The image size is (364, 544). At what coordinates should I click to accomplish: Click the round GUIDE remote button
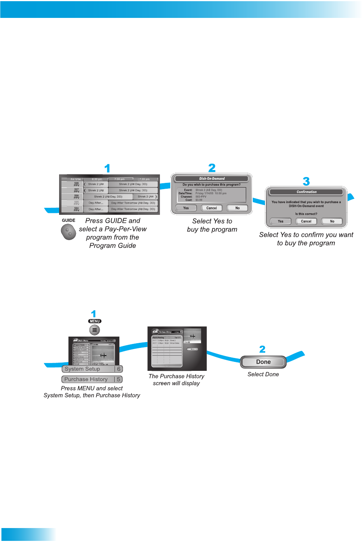(x=68, y=232)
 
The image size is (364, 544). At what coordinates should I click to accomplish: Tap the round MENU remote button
(x=94, y=330)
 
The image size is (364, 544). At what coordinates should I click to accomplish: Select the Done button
(x=263, y=362)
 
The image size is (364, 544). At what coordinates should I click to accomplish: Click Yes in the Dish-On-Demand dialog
(x=186, y=208)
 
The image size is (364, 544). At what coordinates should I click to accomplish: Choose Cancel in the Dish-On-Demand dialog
(x=212, y=208)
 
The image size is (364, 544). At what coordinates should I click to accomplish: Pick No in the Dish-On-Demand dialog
(x=237, y=208)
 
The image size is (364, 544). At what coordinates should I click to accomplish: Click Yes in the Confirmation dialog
(x=280, y=221)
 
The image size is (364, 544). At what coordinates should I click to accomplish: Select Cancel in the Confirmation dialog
(x=306, y=221)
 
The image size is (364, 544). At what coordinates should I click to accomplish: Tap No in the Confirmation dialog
(x=332, y=221)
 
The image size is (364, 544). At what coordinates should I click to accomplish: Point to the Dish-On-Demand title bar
(x=212, y=179)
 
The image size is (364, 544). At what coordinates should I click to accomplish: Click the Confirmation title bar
(x=306, y=192)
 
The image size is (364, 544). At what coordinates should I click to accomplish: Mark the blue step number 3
(x=306, y=181)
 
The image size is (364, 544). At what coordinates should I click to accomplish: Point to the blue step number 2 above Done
(x=262, y=349)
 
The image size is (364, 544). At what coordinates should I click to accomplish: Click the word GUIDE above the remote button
(x=68, y=220)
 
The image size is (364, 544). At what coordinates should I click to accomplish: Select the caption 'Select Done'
(x=263, y=374)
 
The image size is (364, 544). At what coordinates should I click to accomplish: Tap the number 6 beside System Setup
(x=119, y=369)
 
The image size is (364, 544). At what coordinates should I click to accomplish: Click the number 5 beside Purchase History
(x=119, y=379)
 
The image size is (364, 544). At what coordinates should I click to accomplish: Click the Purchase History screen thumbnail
(x=177, y=348)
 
